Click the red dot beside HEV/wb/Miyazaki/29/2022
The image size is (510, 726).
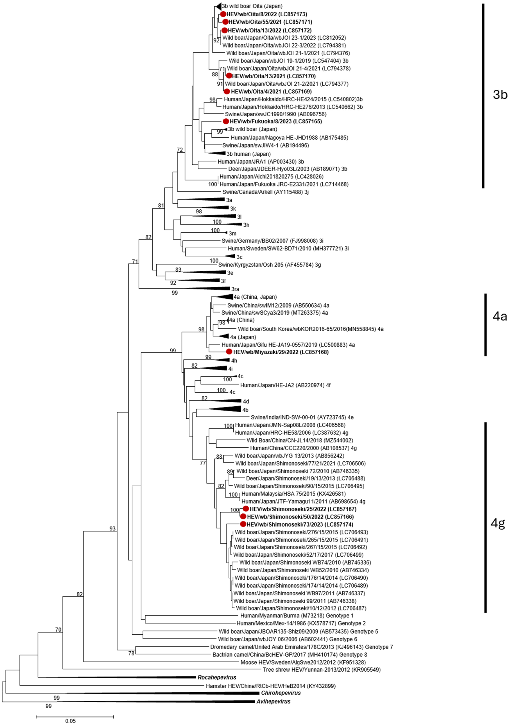click(229, 352)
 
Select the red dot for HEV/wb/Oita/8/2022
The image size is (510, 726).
click(223, 14)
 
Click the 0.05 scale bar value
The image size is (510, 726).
click(70, 721)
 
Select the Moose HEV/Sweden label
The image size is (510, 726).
click(303, 662)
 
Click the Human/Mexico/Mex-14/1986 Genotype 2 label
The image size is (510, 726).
click(301, 623)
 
